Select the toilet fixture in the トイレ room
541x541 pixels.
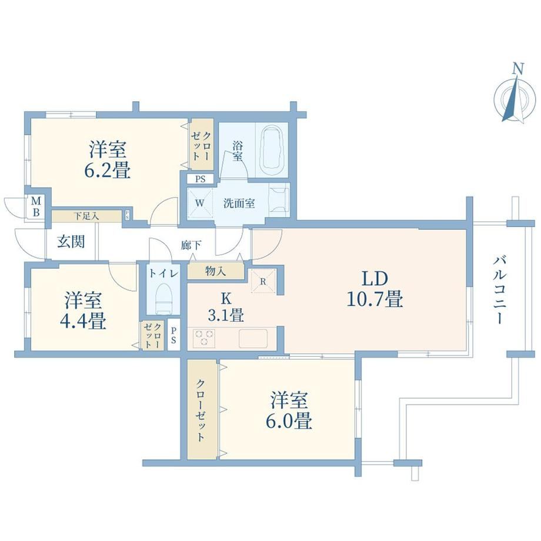[x=163, y=299]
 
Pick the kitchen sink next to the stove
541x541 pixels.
[x=253, y=338]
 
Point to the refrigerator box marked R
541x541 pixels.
[x=263, y=281]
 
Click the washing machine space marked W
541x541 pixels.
[x=200, y=203]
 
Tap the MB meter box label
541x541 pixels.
[x=36, y=206]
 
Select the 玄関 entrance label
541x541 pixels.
[x=71, y=242]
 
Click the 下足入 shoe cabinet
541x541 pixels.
[x=86, y=216]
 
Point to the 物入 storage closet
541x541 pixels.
[x=216, y=271]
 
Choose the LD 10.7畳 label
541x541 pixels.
[x=375, y=289]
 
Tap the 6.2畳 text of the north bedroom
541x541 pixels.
[x=107, y=170]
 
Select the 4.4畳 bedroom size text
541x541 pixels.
[x=83, y=320]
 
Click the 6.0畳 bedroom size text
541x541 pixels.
[x=289, y=420]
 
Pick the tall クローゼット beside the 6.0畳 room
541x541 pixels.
[x=202, y=409]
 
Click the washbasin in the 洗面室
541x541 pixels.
[x=279, y=200]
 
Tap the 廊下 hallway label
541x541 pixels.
[x=191, y=245]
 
